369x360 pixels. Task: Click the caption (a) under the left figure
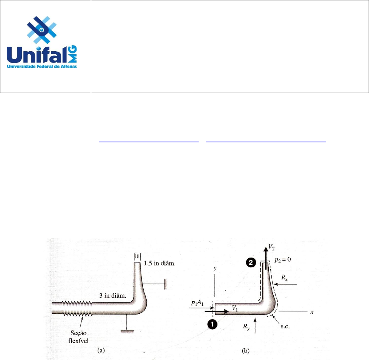pyautogui.click(x=101, y=350)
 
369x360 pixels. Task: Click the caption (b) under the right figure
pyautogui.click(x=245, y=350)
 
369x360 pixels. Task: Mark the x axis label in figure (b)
pyautogui.click(x=312, y=312)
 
